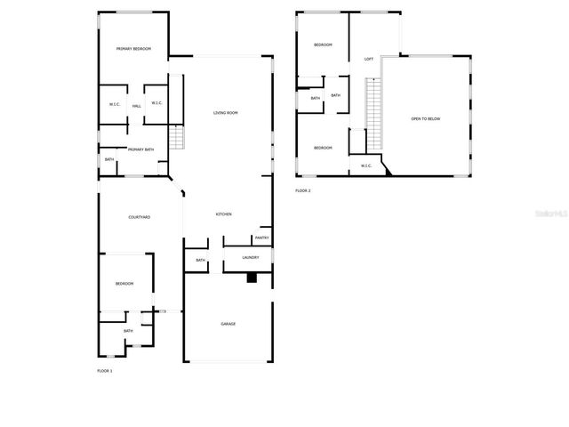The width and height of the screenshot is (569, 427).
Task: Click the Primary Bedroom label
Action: pyautogui.click(x=133, y=49)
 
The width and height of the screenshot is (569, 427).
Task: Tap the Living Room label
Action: pyautogui.click(x=226, y=113)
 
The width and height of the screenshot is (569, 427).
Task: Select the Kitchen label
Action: pyautogui.click(x=224, y=214)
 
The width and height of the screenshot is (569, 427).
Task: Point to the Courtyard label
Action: pyautogui.click(x=139, y=217)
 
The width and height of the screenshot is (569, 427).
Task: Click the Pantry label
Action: pyautogui.click(x=261, y=238)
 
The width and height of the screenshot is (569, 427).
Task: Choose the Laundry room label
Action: pyautogui.click(x=250, y=258)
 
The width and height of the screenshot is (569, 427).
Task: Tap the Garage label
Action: pyautogui.click(x=228, y=324)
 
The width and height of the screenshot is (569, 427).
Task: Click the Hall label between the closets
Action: pyautogui.click(x=137, y=106)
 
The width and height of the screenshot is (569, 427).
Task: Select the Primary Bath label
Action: pyautogui.click(x=140, y=149)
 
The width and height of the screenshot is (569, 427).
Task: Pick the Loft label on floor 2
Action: pyautogui.click(x=369, y=60)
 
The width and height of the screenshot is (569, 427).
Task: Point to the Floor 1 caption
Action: pyautogui.click(x=105, y=370)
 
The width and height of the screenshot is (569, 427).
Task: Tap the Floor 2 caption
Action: pyautogui.click(x=303, y=190)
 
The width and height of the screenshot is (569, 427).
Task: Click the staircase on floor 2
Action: pyautogui.click(x=373, y=114)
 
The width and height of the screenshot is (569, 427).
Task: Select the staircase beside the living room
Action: pyautogui.click(x=175, y=139)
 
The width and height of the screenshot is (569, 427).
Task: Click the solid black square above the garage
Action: pyautogui.click(x=252, y=278)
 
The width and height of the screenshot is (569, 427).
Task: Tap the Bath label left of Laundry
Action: pyautogui.click(x=200, y=260)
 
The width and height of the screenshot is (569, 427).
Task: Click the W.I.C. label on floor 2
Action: pyautogui.click(x=365, y=165)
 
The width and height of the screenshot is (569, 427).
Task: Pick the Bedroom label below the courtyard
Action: pyautogui.click(x=124, y=283)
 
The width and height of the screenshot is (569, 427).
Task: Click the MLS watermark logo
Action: pyautogui.click(x=546, y=214)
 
